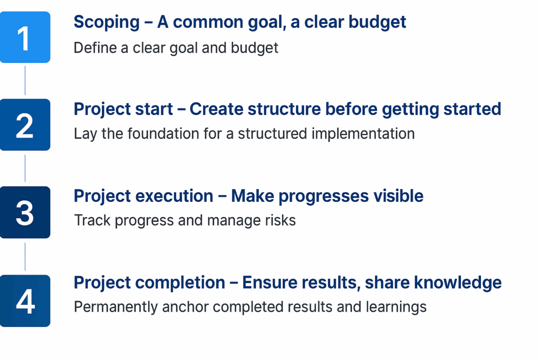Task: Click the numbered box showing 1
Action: click(25, 37)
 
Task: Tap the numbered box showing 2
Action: click(25, 124)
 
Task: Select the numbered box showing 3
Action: click(25, 212)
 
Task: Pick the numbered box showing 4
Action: click(25, 301)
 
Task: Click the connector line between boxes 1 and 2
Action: click(25, 81)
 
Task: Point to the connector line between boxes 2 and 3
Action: click(25, 168)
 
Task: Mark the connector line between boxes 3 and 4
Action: click(25, 256)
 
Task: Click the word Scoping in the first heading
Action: click(107, 23)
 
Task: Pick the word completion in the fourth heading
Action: click(180, 283)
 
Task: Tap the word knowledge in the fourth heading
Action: click(458, 283)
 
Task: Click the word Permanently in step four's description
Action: click(115, 307)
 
